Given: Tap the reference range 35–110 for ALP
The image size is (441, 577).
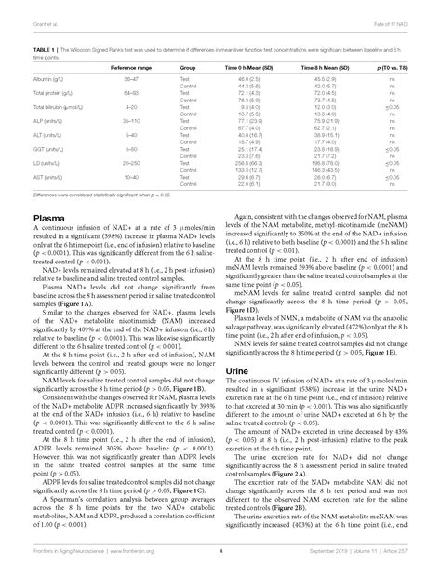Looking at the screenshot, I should tap(131, 121).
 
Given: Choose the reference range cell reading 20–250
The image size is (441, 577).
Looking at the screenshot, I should tap(131, 162).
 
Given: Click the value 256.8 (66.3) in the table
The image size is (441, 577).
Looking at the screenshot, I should tap(247, 162).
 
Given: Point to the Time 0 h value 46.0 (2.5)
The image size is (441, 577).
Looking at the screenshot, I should tap(247, 80).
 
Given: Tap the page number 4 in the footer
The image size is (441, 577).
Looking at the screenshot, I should tap(220, 553).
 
